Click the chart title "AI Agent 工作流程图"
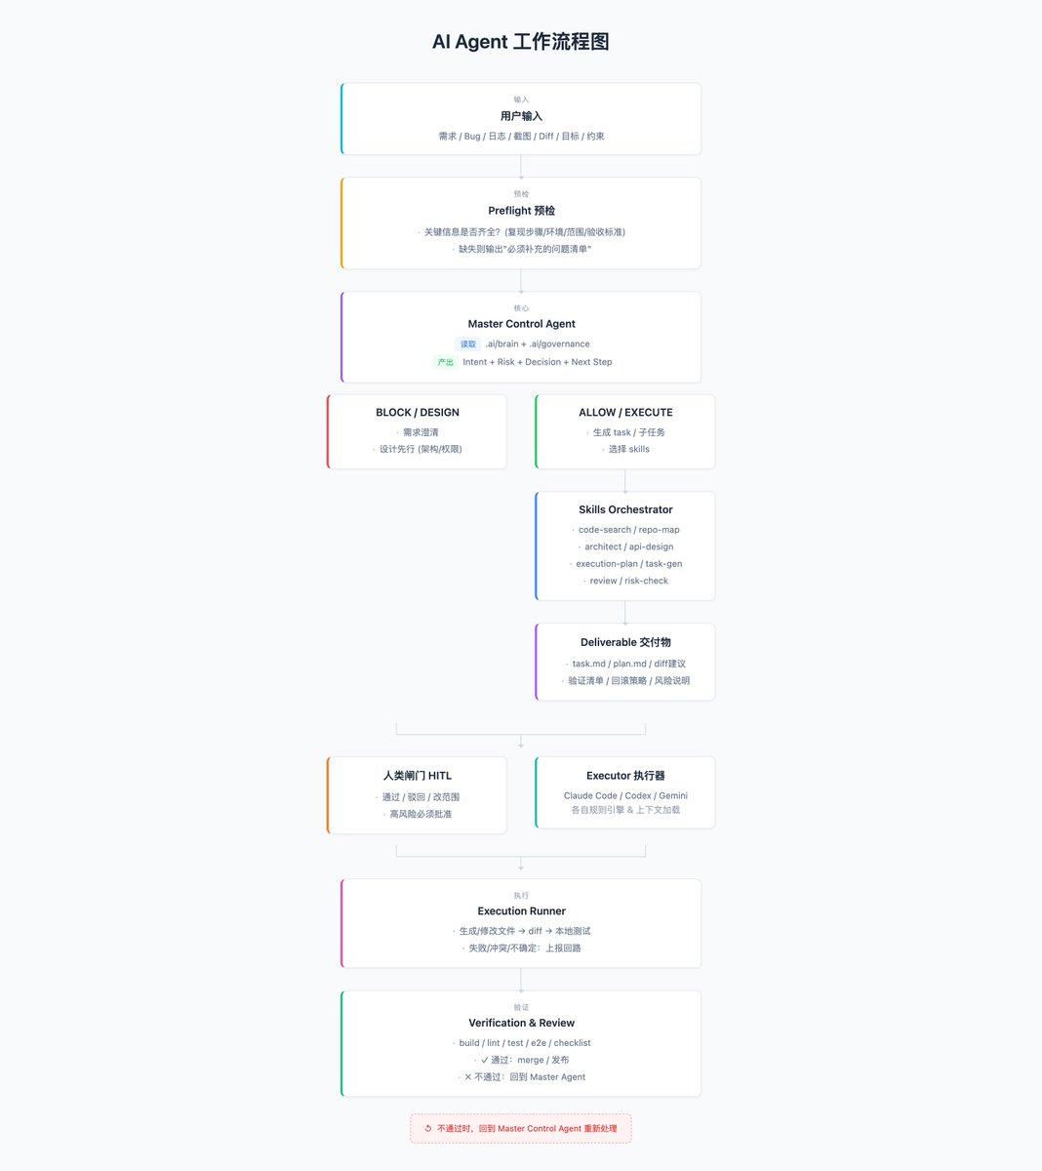[x=520, y=42]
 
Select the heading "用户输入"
[x=521, y=116]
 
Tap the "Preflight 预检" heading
[x=521, y=211]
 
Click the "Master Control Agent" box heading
[x=521, y=324]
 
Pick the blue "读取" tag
[x=467, y=343]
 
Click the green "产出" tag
[x=445, y=362]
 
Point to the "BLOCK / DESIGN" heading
[x=418, y=412]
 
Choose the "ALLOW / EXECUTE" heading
[x=625, y=412]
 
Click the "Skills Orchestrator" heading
[x=625, y=509]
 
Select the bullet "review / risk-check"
[x=628, y=581]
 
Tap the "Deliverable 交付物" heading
[x=625, y=642]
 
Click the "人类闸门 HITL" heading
[x=418, y=776]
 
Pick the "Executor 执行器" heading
[x=625, y=776]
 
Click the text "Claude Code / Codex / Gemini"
[x=625, y=795]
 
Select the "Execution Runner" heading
[x=521, y=910]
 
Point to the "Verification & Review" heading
[x=521, y=1023]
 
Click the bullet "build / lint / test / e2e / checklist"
[x=524, y=1043]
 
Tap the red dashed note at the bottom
[x=521, y=1128]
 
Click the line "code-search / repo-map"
[x=628, y=530]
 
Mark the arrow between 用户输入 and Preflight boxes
[x=521, y=167]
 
